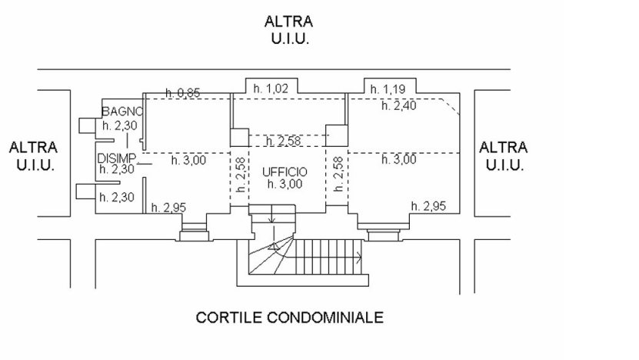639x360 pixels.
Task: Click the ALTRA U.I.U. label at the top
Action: [288, 30]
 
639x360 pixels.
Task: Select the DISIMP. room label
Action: [117, 158]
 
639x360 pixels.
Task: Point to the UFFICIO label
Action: [285, 172]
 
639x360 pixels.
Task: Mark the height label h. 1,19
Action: [387, 89]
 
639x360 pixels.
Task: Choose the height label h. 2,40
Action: [398, 106]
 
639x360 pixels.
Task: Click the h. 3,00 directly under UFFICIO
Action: [285, 184]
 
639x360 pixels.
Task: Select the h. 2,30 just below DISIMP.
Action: [117, 169]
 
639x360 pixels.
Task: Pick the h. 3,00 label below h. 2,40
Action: [398, 160]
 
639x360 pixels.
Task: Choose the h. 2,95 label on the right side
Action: [428, 206]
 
